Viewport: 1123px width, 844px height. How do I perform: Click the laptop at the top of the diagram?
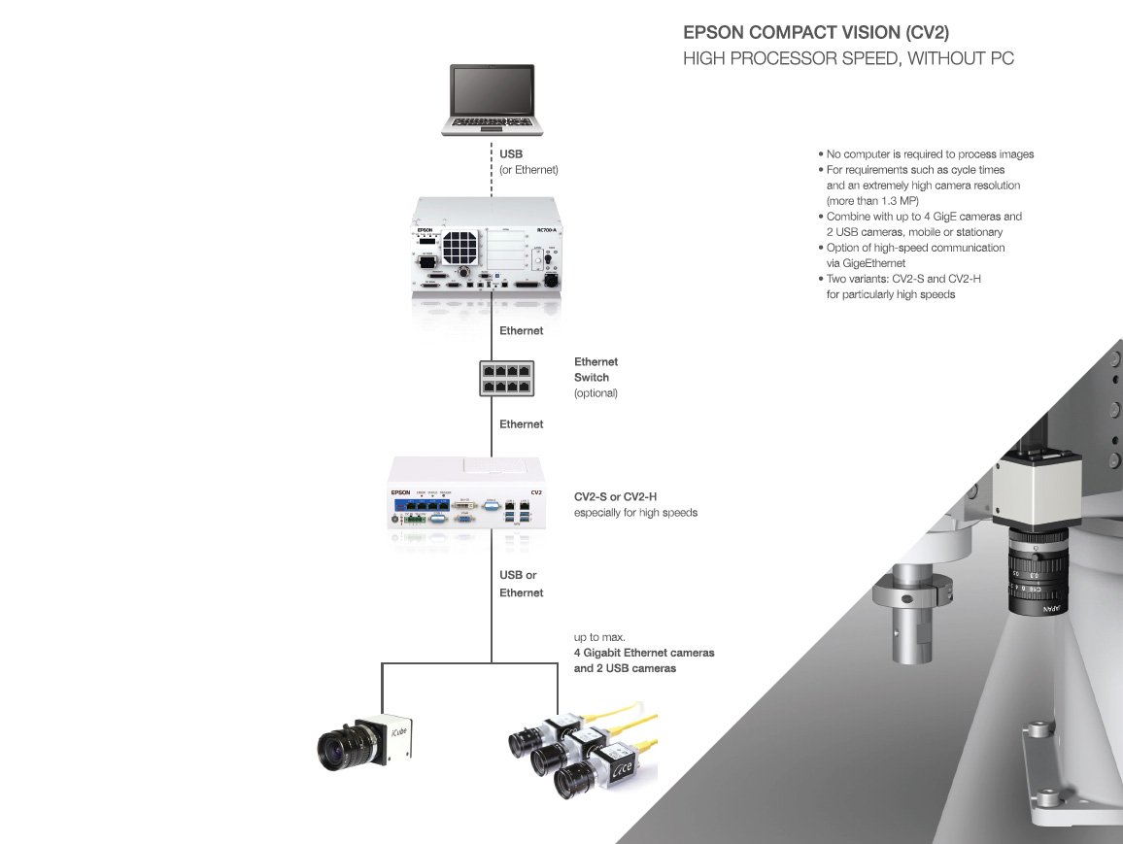coord(492,99)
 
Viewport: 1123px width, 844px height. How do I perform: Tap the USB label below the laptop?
coord(511,154)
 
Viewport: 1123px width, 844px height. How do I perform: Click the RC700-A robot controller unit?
coord(492,245)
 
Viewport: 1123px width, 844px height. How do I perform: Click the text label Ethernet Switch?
coord(596,369)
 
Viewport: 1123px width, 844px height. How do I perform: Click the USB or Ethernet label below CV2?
coord(521,584)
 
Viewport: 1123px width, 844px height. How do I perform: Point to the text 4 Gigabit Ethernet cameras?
coord(644,653)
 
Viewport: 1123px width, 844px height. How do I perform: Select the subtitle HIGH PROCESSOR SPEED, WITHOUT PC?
coord(848,59)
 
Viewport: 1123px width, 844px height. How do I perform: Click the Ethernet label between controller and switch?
coord(521,331)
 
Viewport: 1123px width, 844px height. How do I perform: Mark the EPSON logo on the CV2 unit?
coord(400,492)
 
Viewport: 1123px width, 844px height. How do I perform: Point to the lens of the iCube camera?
coord(339,747)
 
